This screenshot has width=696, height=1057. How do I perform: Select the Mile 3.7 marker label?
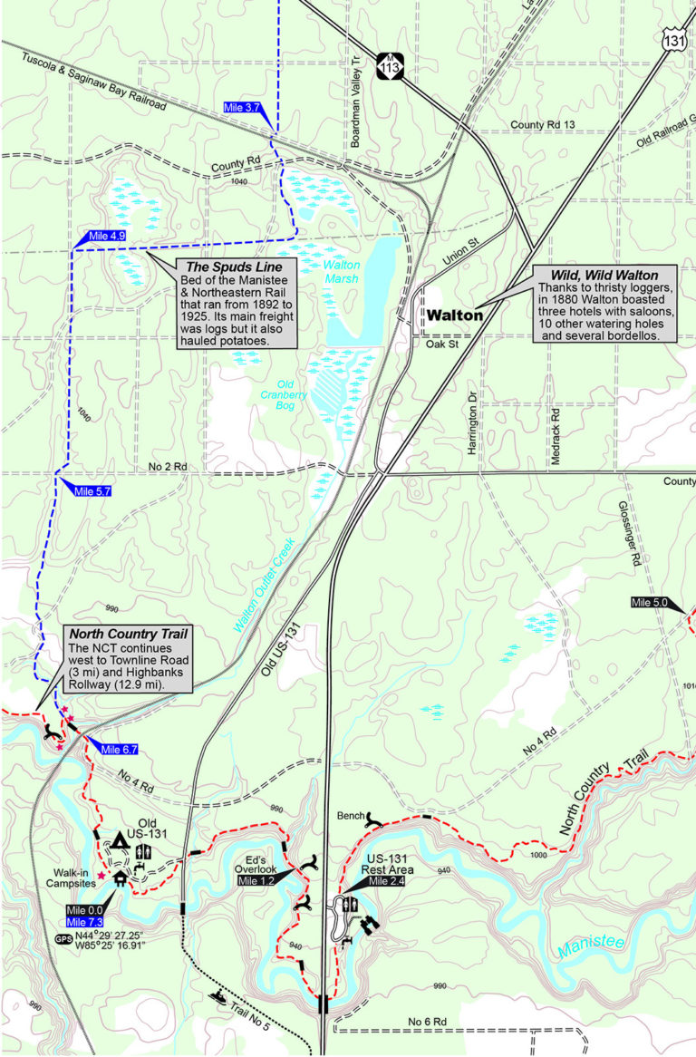[x=242, y=107]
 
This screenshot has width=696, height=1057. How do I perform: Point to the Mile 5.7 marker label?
[x=92, y=490]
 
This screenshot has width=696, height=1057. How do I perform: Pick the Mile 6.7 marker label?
[x=119, y=749]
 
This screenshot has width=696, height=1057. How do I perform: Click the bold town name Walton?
[x=454, y=315]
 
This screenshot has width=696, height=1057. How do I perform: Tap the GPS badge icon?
[x=63, y=939]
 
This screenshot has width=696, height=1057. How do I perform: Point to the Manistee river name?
[x=592, y=944]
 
